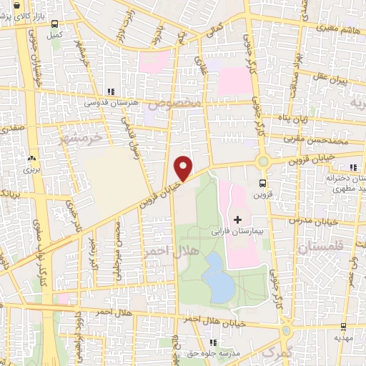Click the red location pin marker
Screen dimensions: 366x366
(x=184, y=167)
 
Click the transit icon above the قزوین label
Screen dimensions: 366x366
(x=263, y=182)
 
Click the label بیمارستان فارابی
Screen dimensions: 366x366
(x=237, y=232)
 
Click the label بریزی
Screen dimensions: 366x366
(x=31, y=169)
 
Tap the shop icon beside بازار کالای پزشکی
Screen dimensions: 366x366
(x=15, y=6)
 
